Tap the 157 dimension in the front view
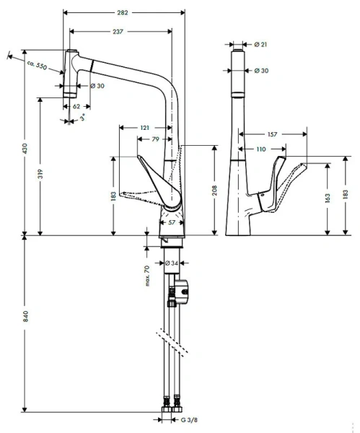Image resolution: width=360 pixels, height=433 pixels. [273, 134]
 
